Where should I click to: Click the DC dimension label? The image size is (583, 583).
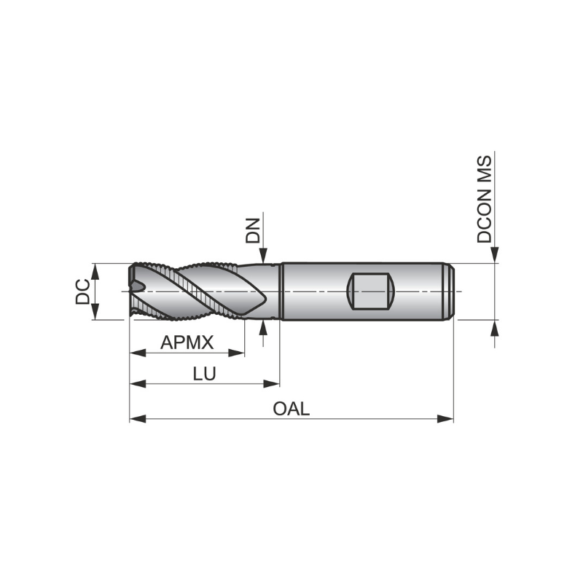(84, 291)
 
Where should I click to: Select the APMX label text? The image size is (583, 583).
(187, 342)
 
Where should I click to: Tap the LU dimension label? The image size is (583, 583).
(204, 374)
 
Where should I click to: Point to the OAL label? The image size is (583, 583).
(291, 409)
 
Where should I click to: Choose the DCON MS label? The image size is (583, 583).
(485, 199)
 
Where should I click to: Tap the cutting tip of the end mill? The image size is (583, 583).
(133, 291)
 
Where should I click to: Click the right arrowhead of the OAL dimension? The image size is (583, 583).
(446, 419)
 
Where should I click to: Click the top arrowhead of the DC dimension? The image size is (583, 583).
(95, 270)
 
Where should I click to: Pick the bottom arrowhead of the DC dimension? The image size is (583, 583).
(95, 312)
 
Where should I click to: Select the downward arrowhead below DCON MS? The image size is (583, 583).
(496, 254)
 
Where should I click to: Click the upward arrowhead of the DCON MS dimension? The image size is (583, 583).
(496, 327)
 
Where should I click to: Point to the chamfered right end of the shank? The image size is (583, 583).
(451, 291)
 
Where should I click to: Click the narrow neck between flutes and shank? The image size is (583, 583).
(271, 291)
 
